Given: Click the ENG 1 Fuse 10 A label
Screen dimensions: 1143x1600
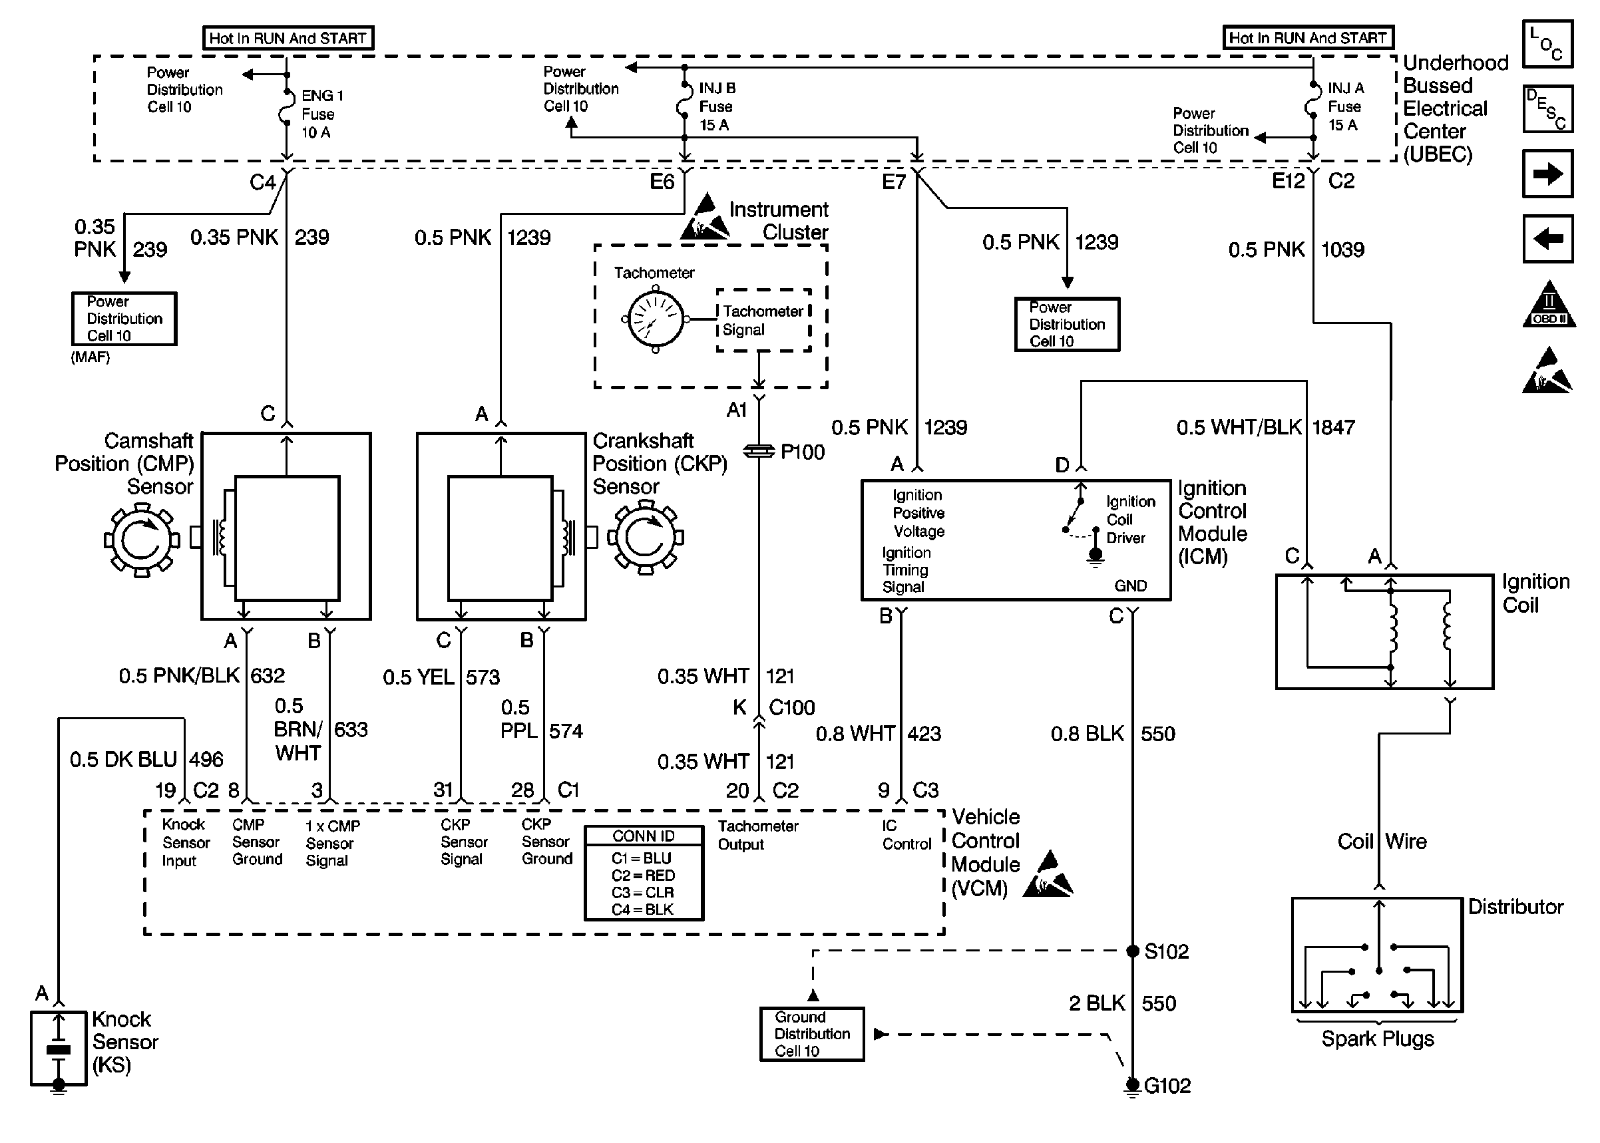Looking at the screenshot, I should click(x=322, y=114).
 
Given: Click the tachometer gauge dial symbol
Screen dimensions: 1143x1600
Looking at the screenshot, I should click(x=655, y=319).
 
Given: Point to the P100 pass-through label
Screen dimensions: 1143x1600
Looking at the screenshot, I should click(x=802, y=452).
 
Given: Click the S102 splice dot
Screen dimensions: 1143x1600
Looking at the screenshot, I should click(x=1133, y=951).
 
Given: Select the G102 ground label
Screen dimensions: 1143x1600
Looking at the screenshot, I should click(x=1167, y=1086).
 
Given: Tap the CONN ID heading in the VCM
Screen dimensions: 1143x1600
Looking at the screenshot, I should click(x=644, y=836).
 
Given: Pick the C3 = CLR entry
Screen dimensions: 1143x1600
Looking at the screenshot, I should click(x=643, y=892).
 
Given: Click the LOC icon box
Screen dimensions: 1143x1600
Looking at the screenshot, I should click(x=1547, y=44).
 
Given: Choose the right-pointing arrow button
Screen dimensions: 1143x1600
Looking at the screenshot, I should click(x=1547, y=174).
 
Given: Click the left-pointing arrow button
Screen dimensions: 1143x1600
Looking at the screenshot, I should click(x=1547, y=239).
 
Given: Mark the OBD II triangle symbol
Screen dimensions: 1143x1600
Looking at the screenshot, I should click(x=1549, y=305).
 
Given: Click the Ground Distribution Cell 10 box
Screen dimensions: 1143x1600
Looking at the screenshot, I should click(x=811, y=1034).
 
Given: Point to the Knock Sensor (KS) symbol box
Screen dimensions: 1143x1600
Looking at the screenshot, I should click(x=59, y=1049).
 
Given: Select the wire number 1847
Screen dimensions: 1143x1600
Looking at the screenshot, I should click(x=1333, y=427).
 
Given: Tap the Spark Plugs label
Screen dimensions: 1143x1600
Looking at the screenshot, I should click(x=1378, y=1039).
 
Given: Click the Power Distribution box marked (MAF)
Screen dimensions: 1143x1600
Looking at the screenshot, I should click(x=124, y=319).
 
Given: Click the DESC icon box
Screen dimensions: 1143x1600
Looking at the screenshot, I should click(x=1547, y=109).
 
